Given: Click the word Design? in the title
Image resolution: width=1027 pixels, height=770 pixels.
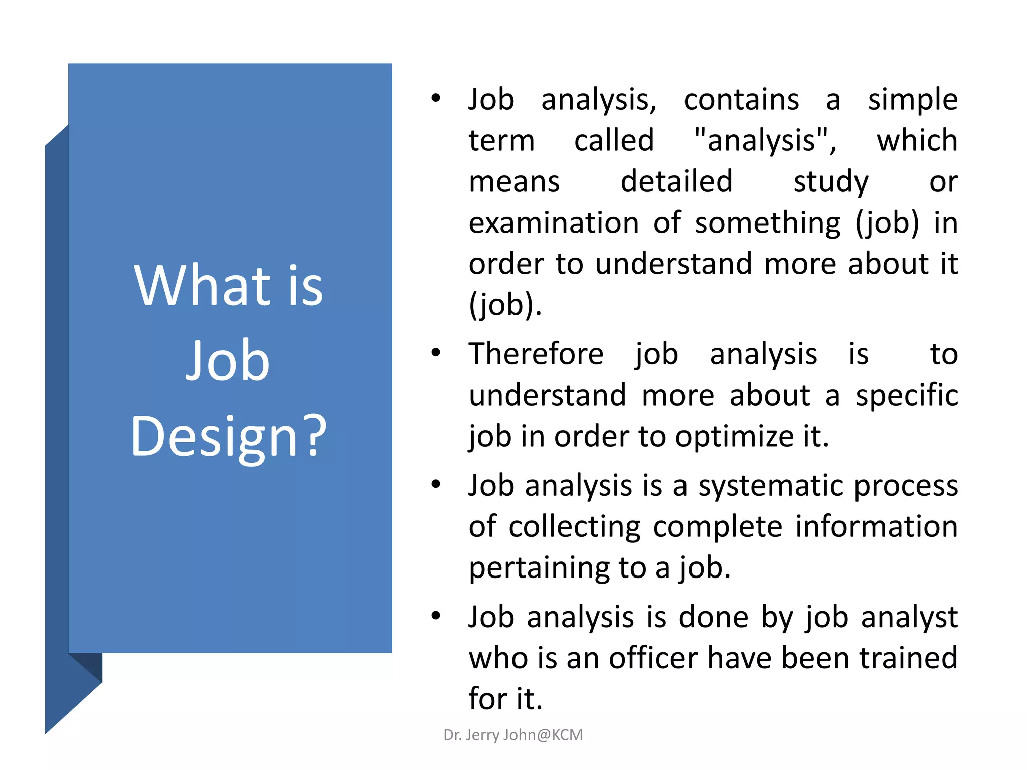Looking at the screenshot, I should coord(228,436).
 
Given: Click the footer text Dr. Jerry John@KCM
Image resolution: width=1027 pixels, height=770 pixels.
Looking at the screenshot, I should coord(513,735).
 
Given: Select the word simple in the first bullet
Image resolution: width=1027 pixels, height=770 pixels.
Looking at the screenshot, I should coord(913,100).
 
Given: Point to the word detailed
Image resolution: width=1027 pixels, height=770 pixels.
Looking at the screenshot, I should coord(676,181).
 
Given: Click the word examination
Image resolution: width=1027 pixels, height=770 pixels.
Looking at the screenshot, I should coord(554,223).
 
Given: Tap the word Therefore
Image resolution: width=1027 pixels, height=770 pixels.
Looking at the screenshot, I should coord(536,354).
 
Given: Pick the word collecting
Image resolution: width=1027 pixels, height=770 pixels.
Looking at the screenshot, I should coord(574,527).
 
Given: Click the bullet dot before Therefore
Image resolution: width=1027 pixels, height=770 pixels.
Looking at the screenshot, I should coord(436,353).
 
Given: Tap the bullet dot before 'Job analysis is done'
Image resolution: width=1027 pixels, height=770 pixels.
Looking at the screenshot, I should coord(436,616).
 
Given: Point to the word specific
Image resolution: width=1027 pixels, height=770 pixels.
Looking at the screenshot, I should coord(907,396).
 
